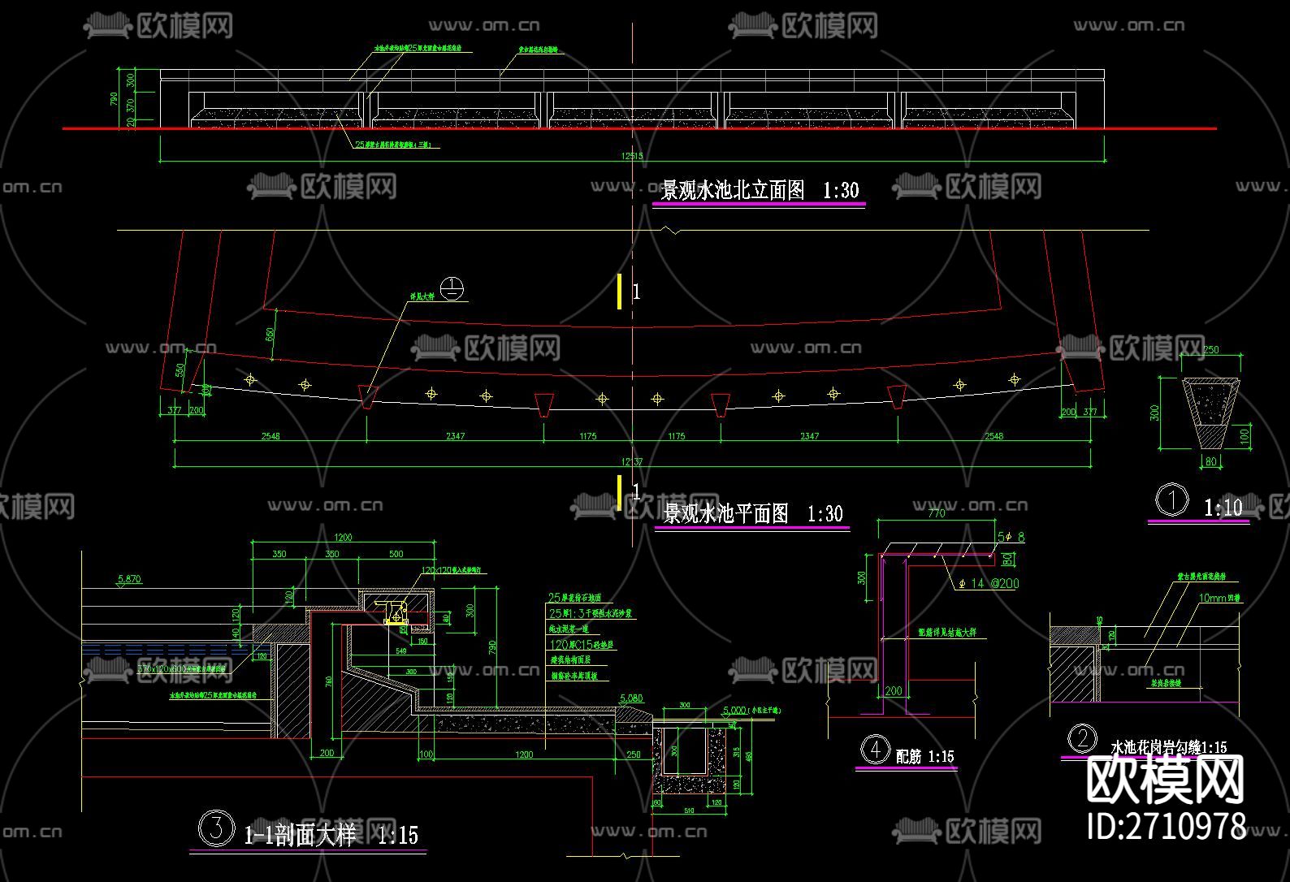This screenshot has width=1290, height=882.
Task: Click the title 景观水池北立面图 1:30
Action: (x=759, y=190)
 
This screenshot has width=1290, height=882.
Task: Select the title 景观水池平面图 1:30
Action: (x=752, y=513)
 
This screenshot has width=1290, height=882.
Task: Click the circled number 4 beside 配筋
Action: (x=875, y=750)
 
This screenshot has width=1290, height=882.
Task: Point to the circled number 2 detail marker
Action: (x=1081, y=739)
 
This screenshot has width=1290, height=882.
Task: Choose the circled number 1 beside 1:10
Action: (x=1171, y=500)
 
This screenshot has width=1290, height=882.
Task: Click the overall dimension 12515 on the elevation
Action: (x=631, y=156)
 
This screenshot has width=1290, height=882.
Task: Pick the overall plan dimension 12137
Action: (x=632, y=461)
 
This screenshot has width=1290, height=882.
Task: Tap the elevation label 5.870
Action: (x=129, y=579)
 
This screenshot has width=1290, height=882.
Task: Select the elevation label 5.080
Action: (x=630, y=698)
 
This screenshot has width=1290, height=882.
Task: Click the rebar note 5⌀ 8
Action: (x=1011, y=537)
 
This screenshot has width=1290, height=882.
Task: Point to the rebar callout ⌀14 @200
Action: (x=989, y=583)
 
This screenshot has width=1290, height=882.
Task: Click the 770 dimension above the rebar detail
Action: (x=936, y=513)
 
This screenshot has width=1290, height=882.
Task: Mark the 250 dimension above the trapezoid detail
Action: (x=1210, y=350)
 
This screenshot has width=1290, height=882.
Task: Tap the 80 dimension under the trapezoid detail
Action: (x=1211, y=462)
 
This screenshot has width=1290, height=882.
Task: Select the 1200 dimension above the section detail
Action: (x=343, y=537)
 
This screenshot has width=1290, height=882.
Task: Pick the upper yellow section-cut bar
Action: (x=620, y=291)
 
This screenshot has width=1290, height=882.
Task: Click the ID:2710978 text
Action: (x=1166, y=827)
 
